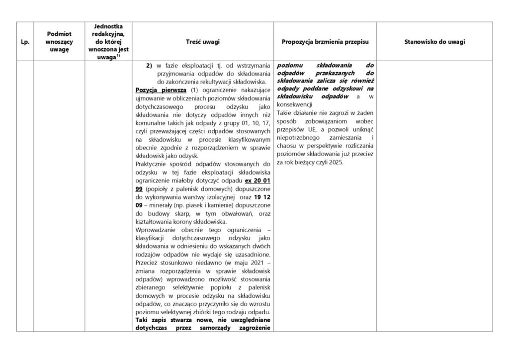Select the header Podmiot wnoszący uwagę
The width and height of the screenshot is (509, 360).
(58, 42)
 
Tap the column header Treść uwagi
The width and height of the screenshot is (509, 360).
(202, 42)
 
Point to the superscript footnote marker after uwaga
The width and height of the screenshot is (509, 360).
(117, 57)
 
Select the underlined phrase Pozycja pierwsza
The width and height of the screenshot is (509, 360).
(154, 90)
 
